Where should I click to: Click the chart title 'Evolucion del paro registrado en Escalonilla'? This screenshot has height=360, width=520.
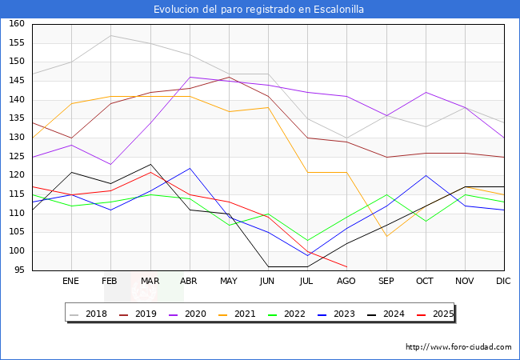260,9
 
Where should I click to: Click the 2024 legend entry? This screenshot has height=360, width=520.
390,314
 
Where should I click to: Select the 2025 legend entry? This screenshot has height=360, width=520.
439,314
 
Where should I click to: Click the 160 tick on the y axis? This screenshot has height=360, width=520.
17,24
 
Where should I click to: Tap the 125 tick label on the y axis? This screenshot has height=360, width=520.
17,157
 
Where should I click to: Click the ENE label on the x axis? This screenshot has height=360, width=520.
71,282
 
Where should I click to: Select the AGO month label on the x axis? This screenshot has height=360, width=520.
346,282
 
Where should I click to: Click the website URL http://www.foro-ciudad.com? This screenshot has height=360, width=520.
458,347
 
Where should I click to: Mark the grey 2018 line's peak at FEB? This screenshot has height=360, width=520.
110,35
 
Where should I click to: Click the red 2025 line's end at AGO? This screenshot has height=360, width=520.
346,266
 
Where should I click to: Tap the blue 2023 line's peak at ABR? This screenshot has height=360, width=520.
189,168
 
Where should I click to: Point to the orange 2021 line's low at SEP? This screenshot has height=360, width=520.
386,236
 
